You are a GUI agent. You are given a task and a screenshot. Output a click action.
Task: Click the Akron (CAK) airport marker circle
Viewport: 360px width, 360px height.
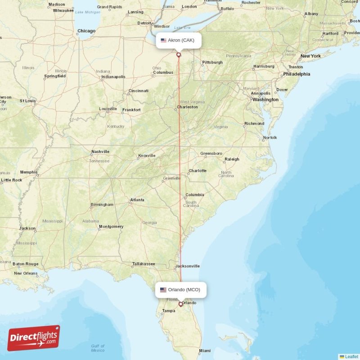click(x=179, y=55)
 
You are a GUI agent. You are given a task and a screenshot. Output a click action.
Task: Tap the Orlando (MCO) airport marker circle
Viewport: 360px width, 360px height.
click(x=180, y=304)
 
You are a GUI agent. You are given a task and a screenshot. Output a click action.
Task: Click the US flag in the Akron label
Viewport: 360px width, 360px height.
click(x=163, y=40)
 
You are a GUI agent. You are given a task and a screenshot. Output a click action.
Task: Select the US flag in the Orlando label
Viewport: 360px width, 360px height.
click(x=163, y=290)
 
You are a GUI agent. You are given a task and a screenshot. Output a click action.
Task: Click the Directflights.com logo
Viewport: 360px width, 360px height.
click(x=33, y=338)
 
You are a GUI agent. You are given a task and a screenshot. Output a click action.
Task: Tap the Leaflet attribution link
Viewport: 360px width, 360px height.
click(x=351, y=356)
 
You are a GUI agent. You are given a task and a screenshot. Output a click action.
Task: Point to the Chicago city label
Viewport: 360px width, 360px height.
click(x=86, y=31)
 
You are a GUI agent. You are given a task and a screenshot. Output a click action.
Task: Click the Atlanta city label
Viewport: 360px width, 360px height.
click(x=137, y=200)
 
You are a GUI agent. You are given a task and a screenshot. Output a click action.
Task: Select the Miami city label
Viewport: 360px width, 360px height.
click(x=205, y=351)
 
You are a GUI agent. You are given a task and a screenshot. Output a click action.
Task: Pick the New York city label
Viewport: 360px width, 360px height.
click(x=310, y=56)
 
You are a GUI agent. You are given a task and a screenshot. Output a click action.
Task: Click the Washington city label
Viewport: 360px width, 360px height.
click(x=265, y=99)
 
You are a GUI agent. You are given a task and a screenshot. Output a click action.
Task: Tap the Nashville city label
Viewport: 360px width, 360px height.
click(x=100, y=152)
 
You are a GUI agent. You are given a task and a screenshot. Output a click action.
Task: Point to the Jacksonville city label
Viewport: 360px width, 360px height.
click(x=186, y=266)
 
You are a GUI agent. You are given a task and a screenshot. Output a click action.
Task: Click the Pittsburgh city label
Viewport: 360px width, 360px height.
click(x=212, y=62)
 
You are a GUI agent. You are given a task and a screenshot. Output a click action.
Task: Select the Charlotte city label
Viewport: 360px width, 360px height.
click(x=198, y=171)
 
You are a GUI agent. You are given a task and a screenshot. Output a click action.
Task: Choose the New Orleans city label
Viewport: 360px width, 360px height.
click(x=26, y=273)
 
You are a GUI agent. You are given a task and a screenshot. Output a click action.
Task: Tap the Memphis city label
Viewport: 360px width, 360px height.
click(x=29, y=172)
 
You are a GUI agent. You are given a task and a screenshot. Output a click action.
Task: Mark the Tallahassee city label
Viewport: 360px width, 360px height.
click(x=144, y=264)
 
